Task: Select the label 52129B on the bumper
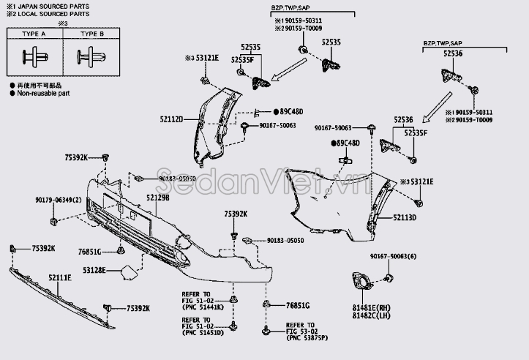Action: pos(157,198)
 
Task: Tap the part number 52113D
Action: pos(405,217)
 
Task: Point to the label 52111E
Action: pos(60,278)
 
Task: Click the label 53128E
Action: pos(93,270)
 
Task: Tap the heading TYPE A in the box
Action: pos(33,34)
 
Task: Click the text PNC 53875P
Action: pos(307,339)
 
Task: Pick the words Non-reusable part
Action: pos(43,93)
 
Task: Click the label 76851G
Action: pos(298,305)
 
